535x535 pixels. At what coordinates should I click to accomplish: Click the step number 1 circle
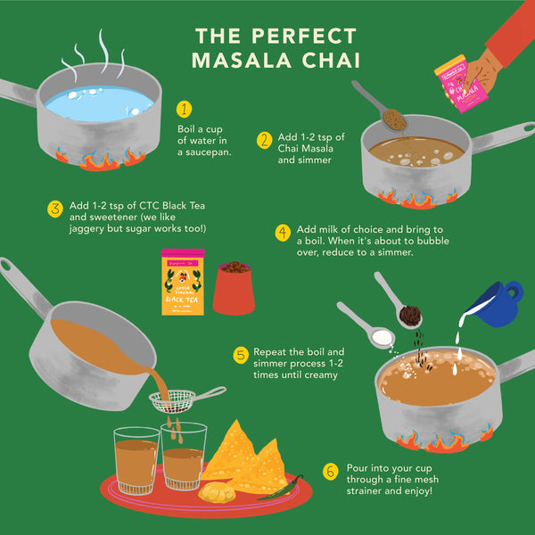coord(185,110)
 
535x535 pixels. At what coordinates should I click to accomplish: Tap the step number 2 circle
coord(264,140)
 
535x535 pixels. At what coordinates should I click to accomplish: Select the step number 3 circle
coord(55,209)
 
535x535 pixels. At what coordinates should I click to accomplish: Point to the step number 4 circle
coord(283,233)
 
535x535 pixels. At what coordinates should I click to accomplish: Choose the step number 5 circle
coord(241,355)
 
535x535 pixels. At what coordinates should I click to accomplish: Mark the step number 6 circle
coord(331,471)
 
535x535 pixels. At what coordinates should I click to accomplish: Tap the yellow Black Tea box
coord(182,281)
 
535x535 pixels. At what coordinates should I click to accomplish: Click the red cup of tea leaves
coord(235,288)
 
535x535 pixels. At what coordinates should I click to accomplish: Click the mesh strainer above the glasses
coord(174,400)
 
